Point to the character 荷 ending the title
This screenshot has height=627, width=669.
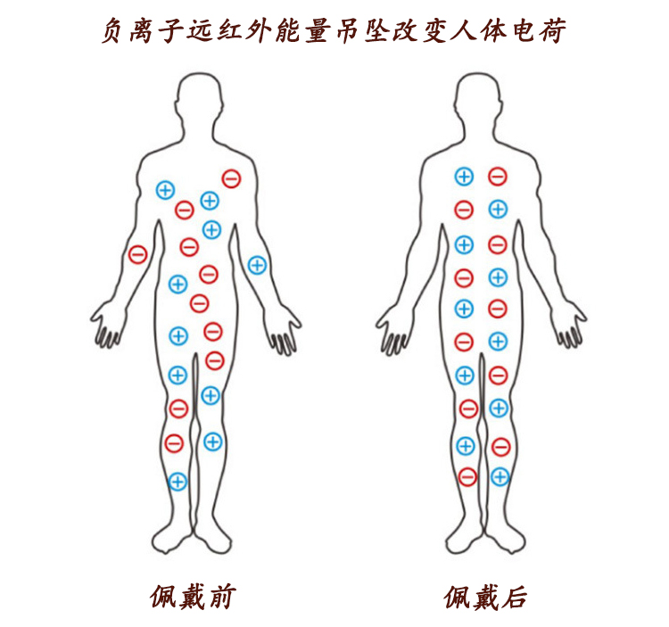coord(554,30)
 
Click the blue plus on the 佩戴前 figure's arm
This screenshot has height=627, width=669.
coord(257,265)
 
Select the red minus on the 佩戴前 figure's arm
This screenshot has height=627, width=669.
coord(137,254)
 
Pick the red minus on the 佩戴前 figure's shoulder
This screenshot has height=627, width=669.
coord(231,178)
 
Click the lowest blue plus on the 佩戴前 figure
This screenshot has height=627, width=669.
coord(178,482)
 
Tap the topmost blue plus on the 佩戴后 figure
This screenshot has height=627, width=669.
coord(464,177)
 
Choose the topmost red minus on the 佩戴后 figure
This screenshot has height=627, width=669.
coord(498,177)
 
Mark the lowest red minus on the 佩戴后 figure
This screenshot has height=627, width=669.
coord(467,477)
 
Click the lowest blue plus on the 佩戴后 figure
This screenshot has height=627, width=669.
coord(500,477)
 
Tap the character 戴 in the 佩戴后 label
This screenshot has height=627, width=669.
coord(484,596)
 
